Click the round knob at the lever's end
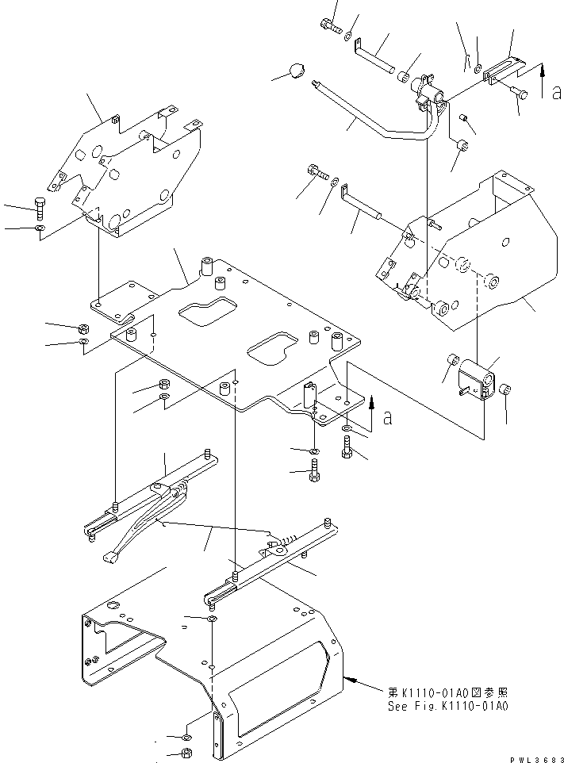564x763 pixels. [x=297, y=71]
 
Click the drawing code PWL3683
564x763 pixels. [x=537, y=759]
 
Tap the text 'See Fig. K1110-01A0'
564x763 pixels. [x=447, y=706]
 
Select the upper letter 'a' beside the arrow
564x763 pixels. [x=556, y=92]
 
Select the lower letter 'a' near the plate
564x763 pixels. [x=388, y=417]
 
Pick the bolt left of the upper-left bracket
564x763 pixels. [x=40, y=209]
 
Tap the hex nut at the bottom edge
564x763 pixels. [x=186, y=753]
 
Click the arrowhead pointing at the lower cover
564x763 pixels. [x=348, y=678]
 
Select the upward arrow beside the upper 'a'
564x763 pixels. [x=543, y=80]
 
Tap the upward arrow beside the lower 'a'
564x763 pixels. [x=371, y=412]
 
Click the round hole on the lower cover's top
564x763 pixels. [x=113, y=605]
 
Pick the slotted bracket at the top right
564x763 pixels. [x=503, y=69]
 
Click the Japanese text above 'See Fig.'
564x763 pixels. [x=447, y=692]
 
